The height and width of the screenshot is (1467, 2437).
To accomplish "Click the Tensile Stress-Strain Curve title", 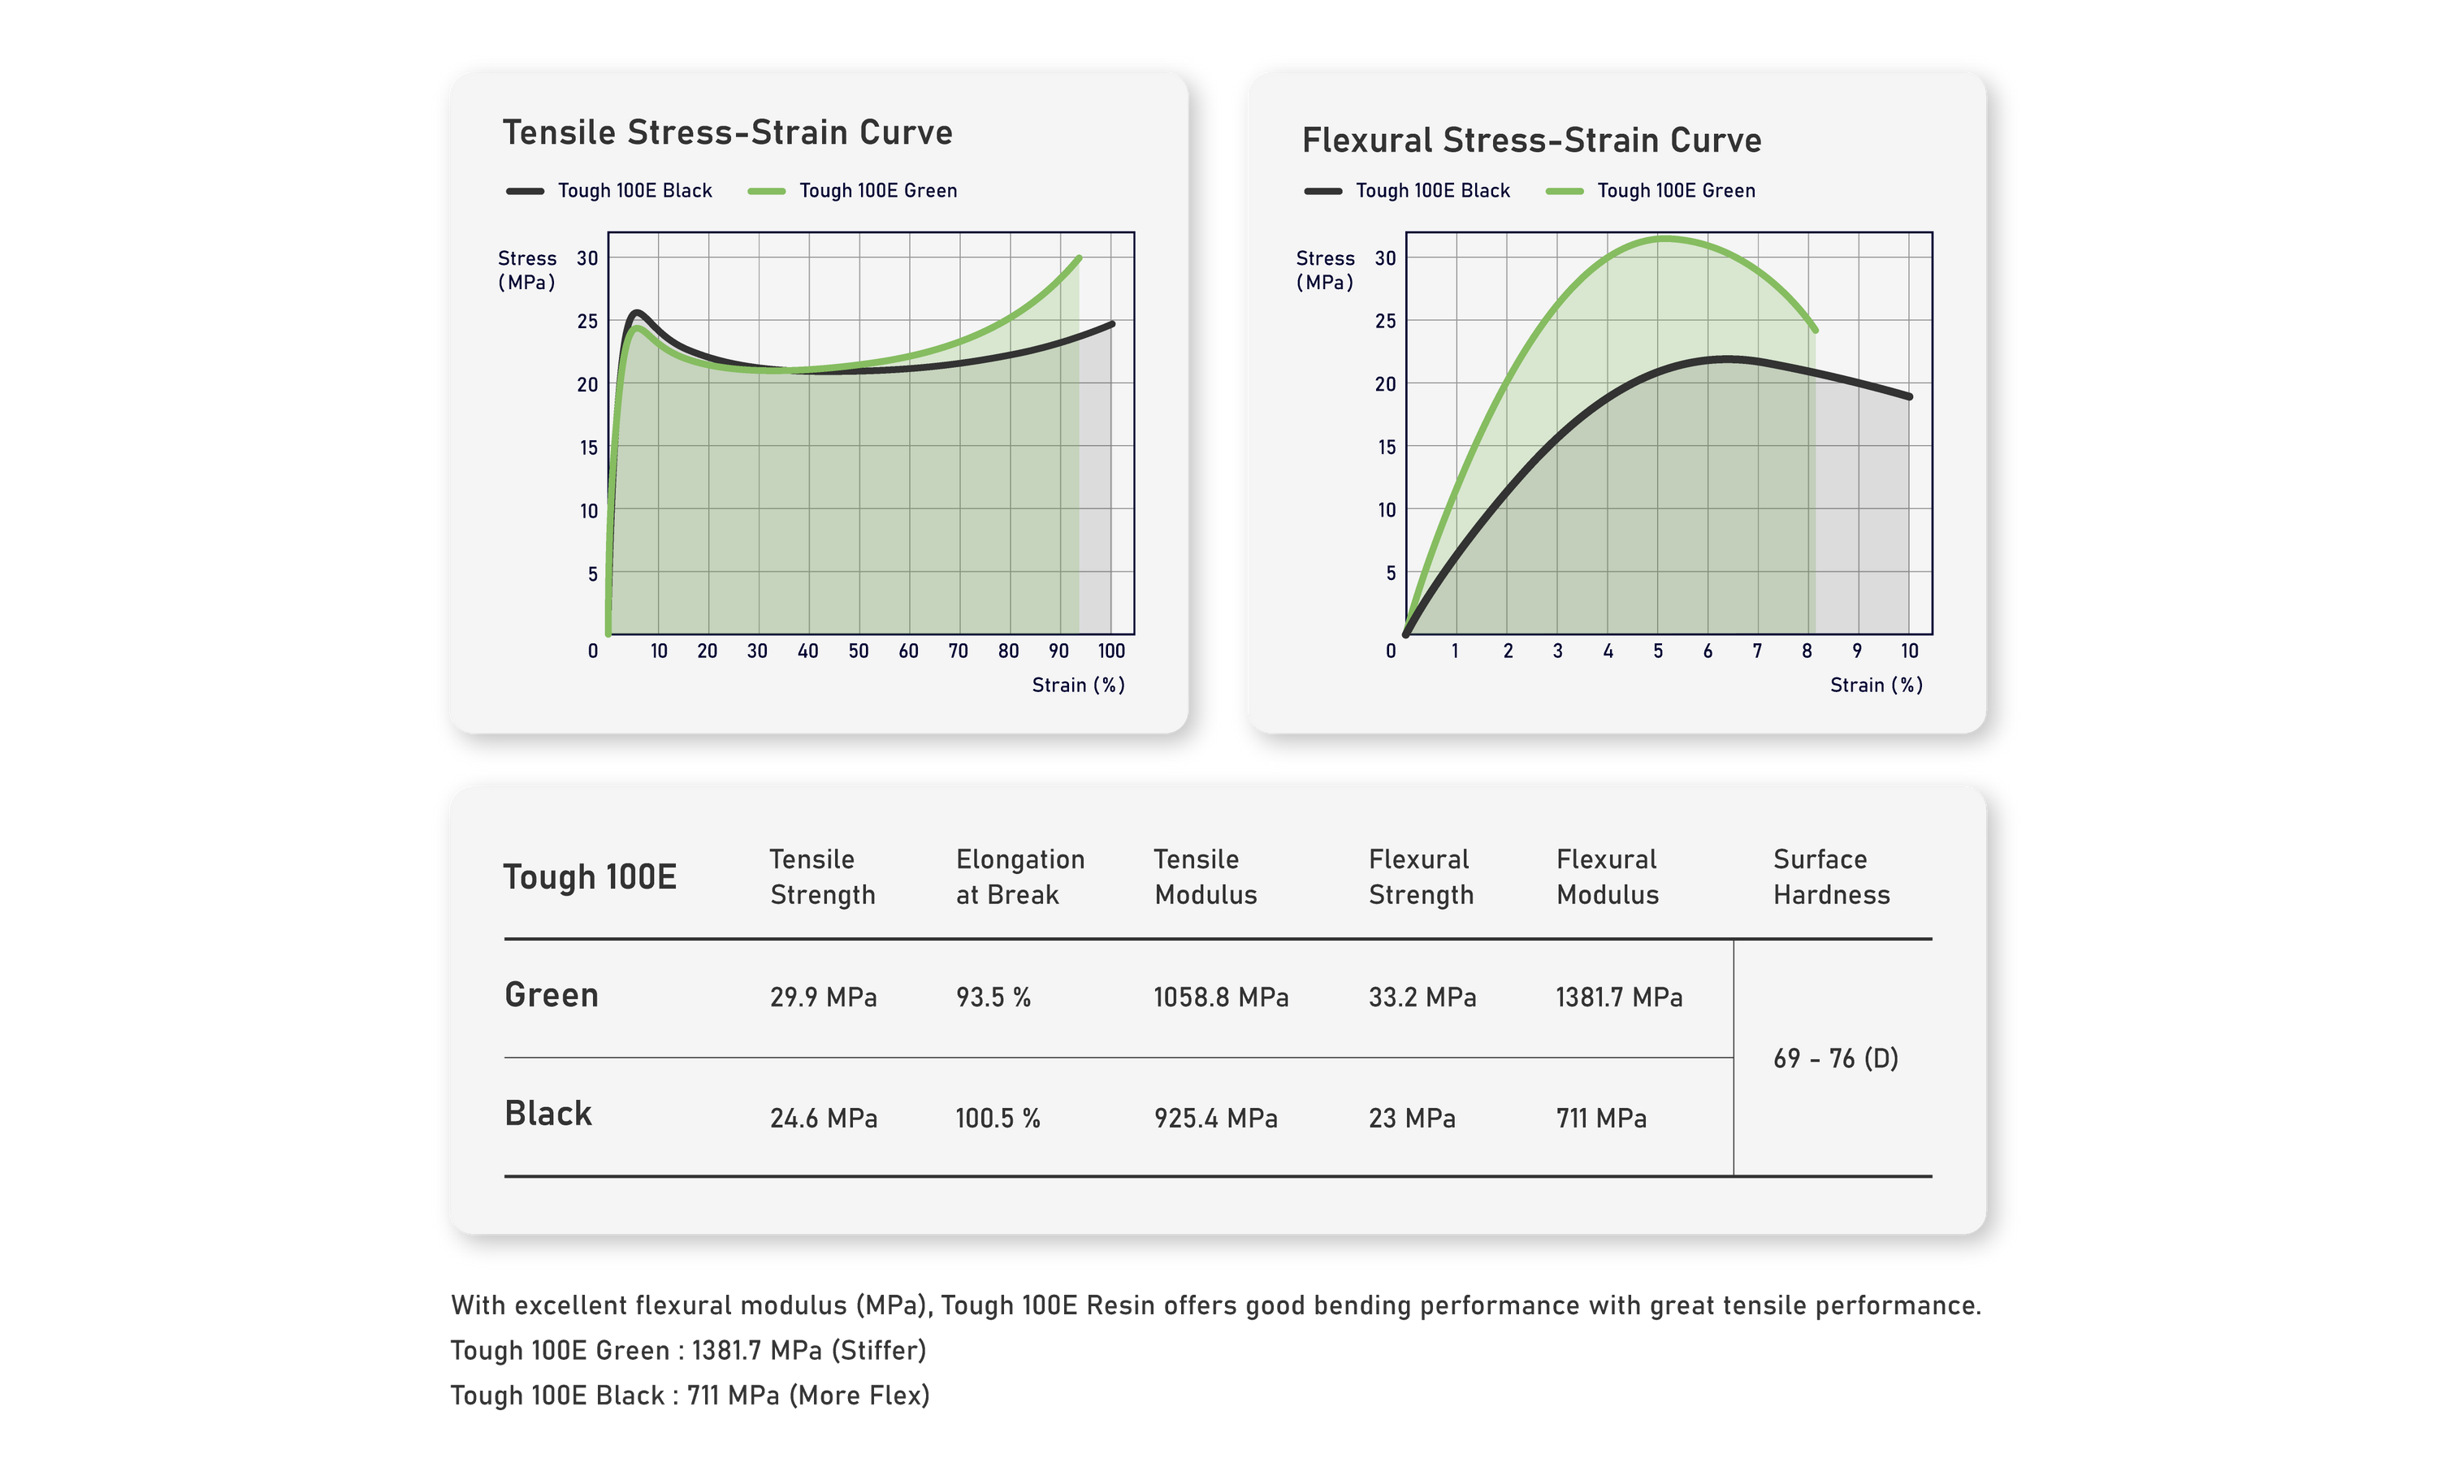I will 727,132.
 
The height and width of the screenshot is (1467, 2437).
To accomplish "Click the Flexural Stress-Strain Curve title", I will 1530,141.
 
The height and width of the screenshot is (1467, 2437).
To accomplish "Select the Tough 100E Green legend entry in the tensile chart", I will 877,191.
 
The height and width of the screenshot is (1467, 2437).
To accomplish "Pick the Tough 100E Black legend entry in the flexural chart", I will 1431,191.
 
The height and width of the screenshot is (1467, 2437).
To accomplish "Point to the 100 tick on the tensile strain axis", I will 1111,651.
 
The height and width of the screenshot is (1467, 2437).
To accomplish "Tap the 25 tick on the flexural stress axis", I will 1385,322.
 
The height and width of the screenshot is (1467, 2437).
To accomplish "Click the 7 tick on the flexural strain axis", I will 1757,651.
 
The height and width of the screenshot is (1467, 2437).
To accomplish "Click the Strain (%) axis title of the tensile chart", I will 1078,685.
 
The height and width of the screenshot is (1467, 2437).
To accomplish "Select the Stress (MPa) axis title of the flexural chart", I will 1325,270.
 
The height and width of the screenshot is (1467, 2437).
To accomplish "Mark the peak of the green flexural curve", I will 1667,238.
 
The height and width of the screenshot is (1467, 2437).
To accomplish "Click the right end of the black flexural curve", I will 1909,396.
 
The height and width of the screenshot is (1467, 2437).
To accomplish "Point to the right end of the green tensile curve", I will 1079,258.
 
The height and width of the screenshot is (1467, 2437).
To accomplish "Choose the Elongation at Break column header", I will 1019,876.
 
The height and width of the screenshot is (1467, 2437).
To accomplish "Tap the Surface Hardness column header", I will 1830,876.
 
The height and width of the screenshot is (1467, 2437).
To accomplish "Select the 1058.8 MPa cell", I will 1220,997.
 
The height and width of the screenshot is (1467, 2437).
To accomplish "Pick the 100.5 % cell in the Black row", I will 997,1118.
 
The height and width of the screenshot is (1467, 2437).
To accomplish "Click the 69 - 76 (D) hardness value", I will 1835,1058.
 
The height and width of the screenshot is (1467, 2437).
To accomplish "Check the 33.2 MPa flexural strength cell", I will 1422,997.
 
